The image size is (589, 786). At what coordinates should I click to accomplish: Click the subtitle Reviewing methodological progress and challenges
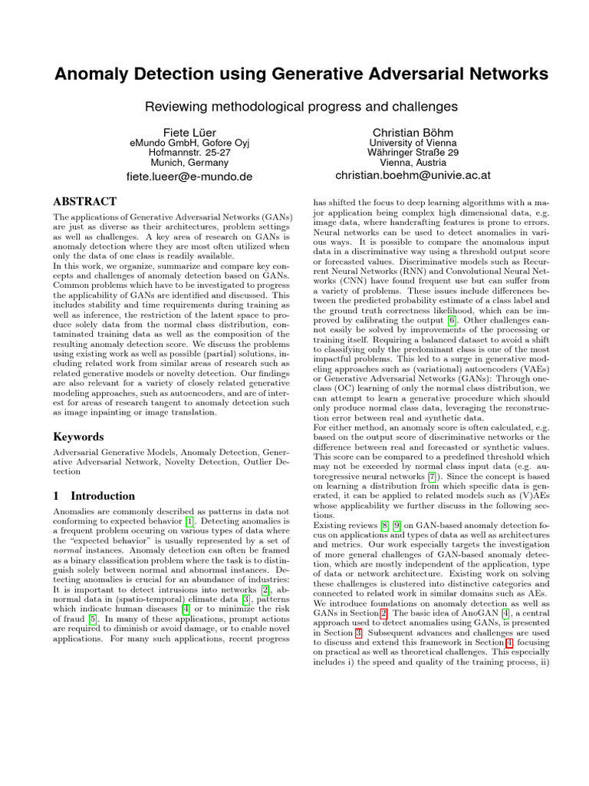click(301, 106)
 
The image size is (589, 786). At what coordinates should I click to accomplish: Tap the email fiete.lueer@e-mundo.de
click(189, 176)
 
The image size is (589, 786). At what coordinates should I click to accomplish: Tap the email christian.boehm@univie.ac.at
click(413, 176)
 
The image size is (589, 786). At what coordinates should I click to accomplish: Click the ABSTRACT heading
click(84, 202)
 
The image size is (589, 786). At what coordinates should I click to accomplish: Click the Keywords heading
click(77, 437)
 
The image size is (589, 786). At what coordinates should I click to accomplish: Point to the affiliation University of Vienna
click(413, 143)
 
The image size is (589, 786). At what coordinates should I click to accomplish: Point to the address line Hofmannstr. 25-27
click(189, 153)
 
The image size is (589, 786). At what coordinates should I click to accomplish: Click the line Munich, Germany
click(189, 163)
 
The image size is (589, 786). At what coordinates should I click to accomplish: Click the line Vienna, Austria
click(413, 163)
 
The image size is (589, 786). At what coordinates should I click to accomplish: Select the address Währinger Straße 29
click(413, 153)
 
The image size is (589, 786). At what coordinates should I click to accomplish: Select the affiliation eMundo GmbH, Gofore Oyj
click(189, 143)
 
